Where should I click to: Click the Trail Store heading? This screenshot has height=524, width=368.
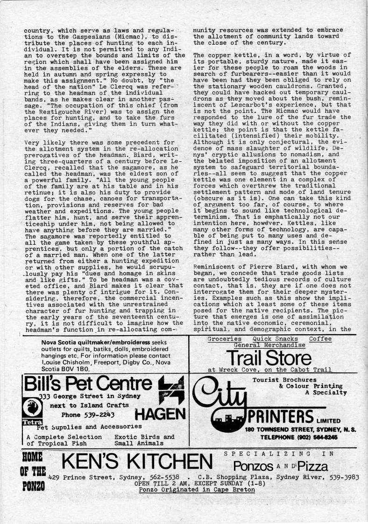269,358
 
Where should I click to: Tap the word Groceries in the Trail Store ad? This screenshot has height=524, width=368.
225,339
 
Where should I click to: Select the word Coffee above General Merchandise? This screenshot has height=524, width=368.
320,339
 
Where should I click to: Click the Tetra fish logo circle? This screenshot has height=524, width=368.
31,409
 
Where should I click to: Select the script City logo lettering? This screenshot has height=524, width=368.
225,396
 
